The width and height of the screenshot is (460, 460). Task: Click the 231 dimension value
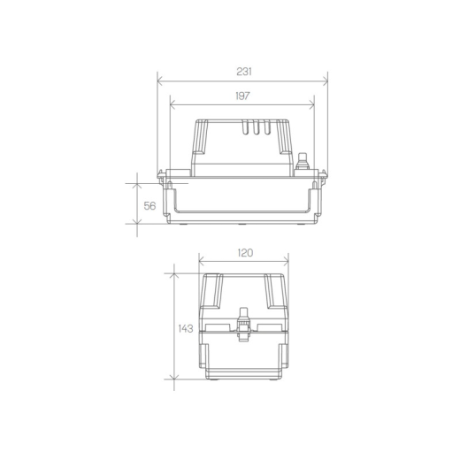coord(244,72)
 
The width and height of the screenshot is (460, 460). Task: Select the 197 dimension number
coord(242,96)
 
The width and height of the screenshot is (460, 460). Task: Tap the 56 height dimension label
coord(149,206)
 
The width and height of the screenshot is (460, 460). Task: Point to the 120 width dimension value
coord(245,253)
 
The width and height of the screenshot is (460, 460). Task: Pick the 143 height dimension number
coord(186,328)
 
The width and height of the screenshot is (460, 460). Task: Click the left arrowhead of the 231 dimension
coord(160,80)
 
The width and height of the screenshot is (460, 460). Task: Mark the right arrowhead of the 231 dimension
coord(326,80)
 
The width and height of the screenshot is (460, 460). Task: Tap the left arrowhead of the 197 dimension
coord(172,104)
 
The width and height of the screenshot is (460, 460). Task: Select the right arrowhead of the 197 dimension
coord(311,104)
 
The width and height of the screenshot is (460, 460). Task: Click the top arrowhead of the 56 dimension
coord(137,186)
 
